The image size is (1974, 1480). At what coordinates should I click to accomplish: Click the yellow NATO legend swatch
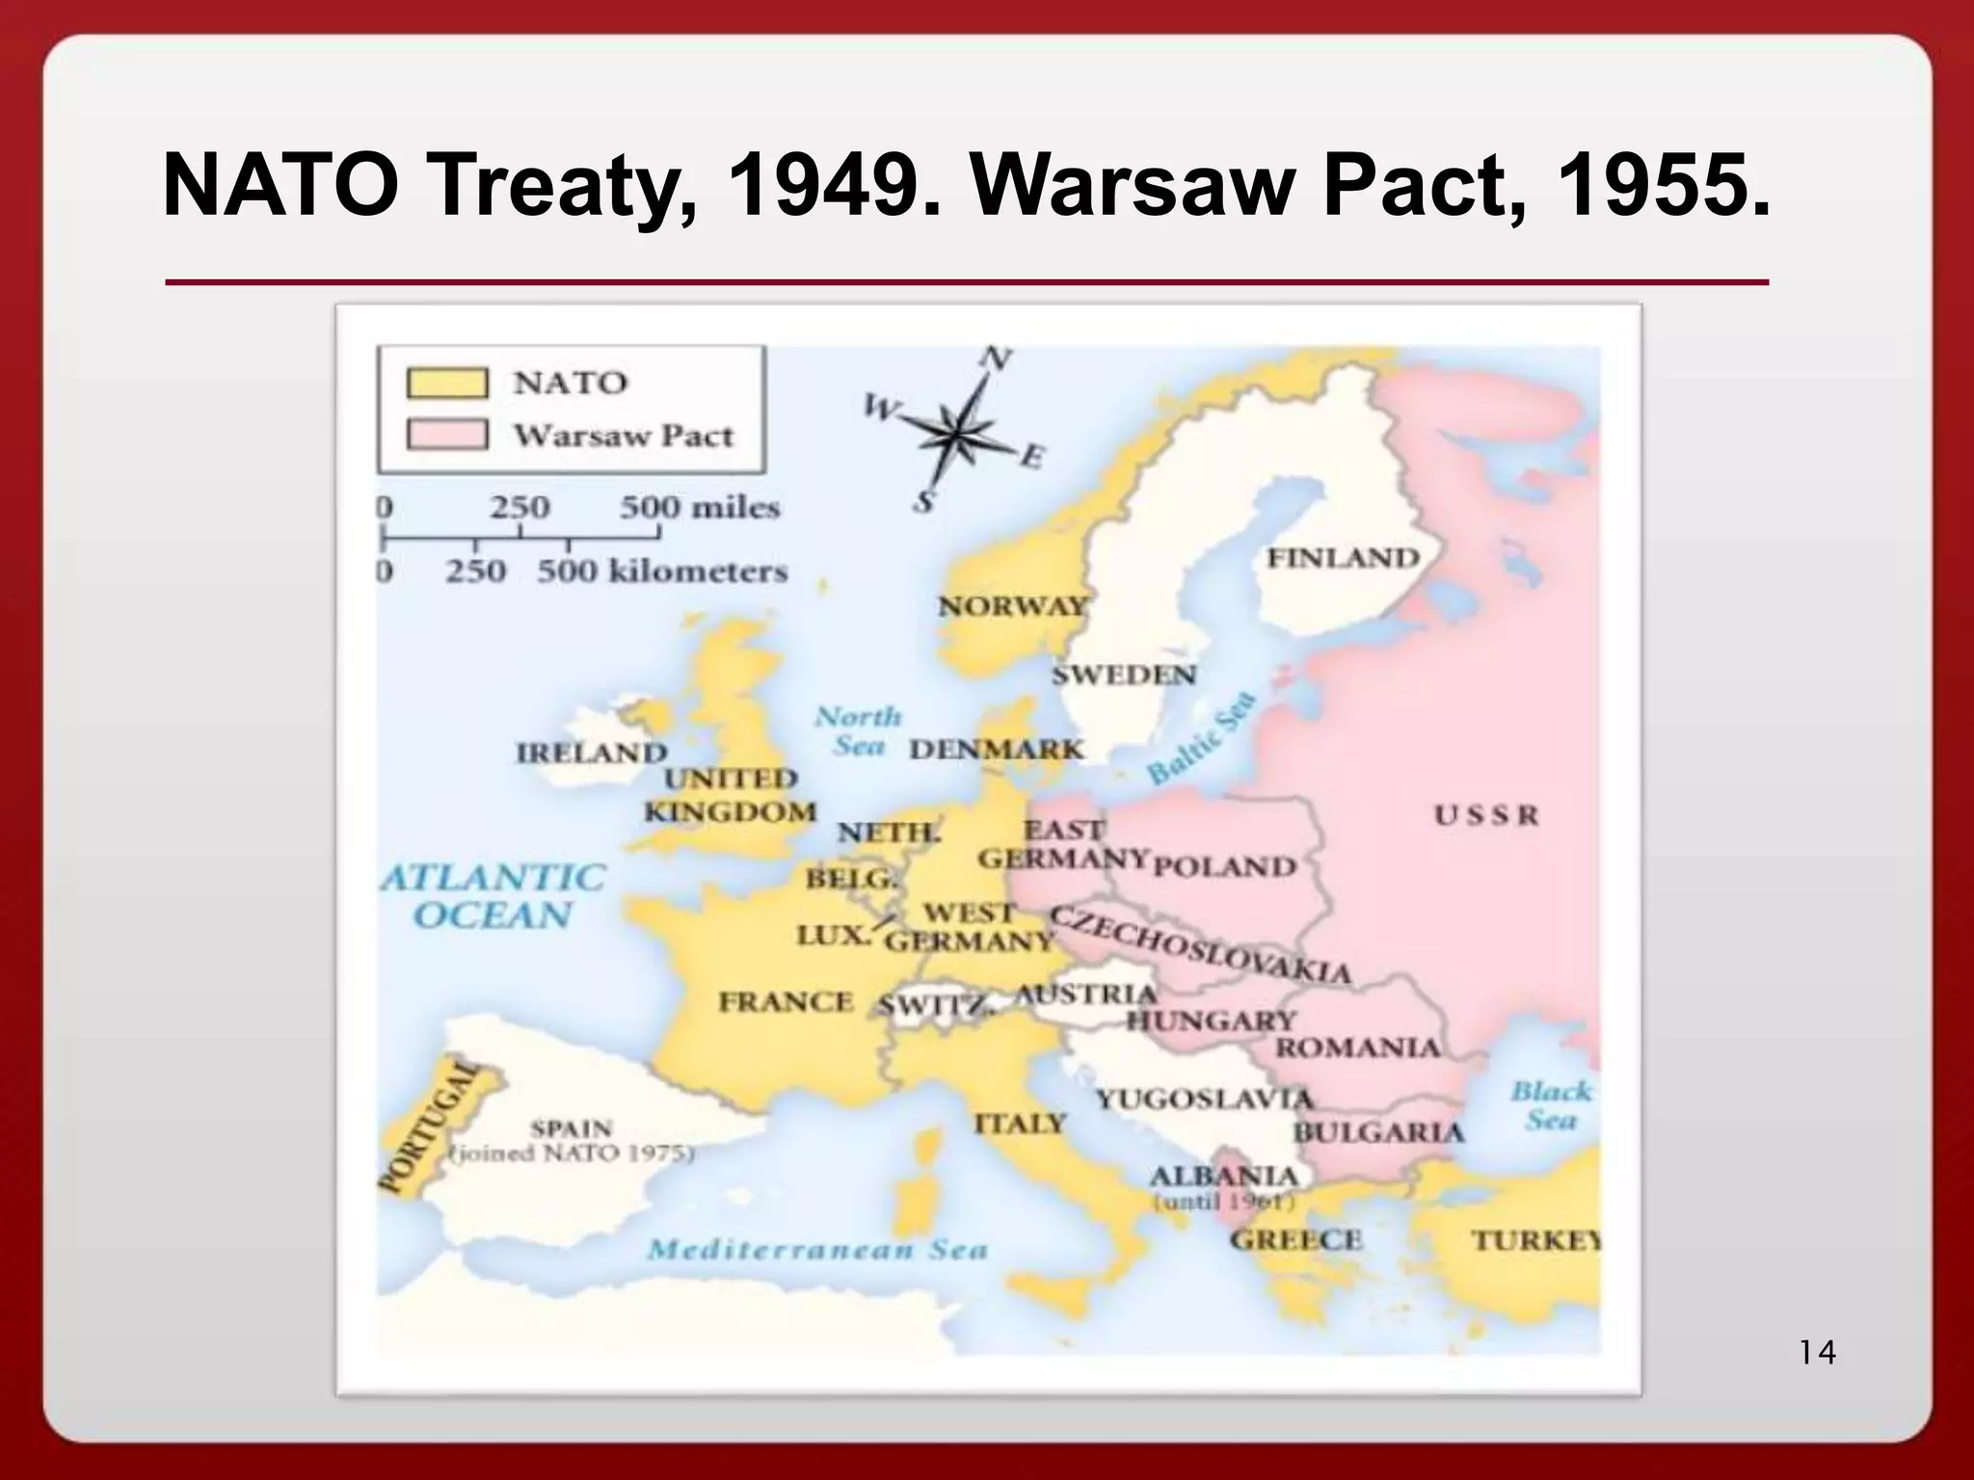pyautogui.click(x=446, y=383)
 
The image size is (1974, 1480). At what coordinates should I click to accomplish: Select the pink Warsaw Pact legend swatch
pyautogui.click(x=446, y=435)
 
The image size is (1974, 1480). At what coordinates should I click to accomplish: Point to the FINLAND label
pyautogui.click(x=1343, y=558)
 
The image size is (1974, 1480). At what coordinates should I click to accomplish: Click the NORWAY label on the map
pyautogui.click(x=1012, y=606)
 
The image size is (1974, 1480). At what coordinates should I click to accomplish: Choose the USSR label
pyautogui.click(x=1485, y=815)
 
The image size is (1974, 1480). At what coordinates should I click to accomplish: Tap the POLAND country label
pyautogui.click(x=1225, y=865)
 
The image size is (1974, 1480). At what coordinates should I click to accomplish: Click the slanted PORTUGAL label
pyautogui.click(x=427, y=1126)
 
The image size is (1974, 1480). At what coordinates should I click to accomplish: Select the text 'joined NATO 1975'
pyautogui.click(x=573, y=1152)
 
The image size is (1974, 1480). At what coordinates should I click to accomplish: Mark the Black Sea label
pyautogui.click(x=1550, y=1105)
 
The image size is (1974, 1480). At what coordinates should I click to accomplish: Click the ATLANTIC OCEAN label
pyautogui.click(x=493, y=895)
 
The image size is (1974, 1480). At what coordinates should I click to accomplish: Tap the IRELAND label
pyautogui.click(x=592, y=752)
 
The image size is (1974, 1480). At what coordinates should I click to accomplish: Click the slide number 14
pyautogui.click(x=1817, y=1353)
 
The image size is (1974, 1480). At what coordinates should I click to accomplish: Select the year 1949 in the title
pyautogui.click(x=822, y=186)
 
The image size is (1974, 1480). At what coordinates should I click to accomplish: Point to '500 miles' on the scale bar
pyautogui.click(x=699, y=507)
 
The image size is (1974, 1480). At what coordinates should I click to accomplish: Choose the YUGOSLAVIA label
pyautogui.click(x=1204, y=1097)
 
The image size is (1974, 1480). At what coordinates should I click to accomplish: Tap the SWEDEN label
pyautogui.click(x=1123, y=674)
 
